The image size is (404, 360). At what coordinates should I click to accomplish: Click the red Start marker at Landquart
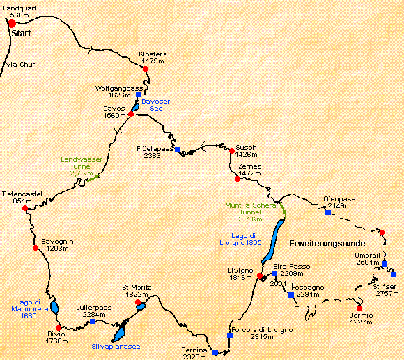12,24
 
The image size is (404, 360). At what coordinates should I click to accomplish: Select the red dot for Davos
130,114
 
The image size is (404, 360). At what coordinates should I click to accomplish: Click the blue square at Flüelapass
178,150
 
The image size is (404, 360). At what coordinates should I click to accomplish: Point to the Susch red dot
231,150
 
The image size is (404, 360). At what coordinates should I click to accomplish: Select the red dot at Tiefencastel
25,208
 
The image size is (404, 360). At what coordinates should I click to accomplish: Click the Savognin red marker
35,247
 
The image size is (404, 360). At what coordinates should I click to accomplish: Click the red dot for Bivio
59,327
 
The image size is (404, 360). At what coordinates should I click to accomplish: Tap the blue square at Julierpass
93,322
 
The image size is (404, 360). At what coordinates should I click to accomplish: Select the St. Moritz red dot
138,302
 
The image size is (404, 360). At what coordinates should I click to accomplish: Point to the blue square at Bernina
215,352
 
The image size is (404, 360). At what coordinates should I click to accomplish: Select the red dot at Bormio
359,308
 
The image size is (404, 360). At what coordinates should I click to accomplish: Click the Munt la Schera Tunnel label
247,212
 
